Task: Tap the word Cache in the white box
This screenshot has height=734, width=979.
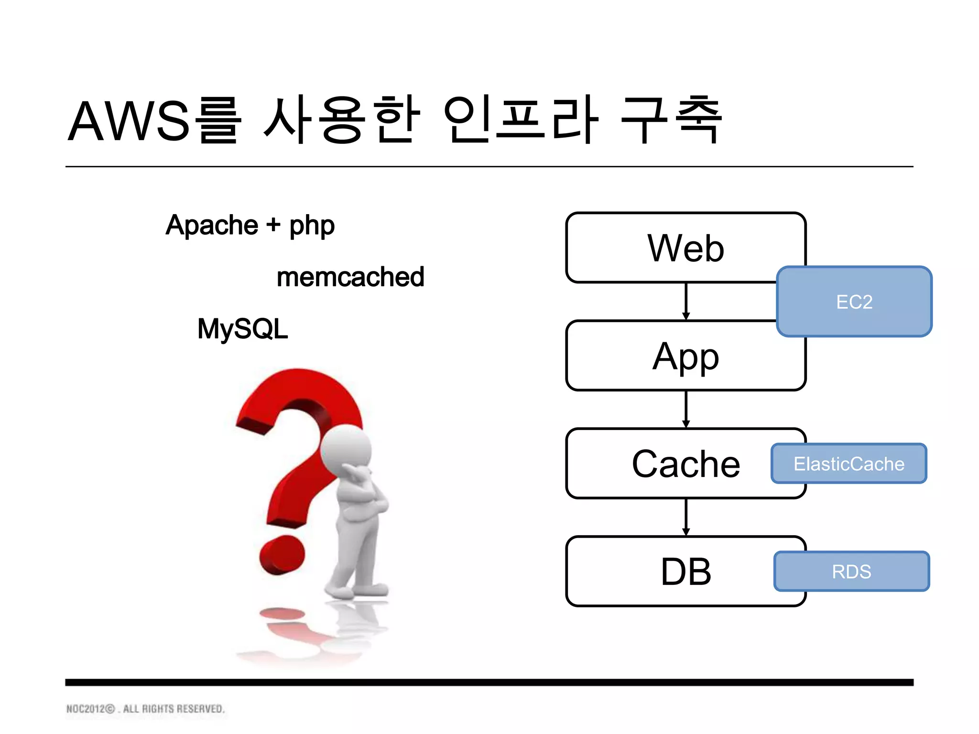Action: (685, 464)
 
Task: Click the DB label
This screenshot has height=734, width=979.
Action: (685, 572)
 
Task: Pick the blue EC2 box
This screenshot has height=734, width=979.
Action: (854, 302)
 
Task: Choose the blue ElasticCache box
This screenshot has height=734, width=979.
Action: (849, 464)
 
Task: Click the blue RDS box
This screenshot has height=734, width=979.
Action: (851, 572)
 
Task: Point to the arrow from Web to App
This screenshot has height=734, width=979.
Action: (686, 301)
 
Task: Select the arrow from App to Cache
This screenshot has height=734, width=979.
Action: (686, 409)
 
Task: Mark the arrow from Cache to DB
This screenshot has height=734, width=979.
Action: (686, 517)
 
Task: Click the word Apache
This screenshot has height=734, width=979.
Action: (212, 225)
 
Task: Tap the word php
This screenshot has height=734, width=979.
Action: (312, 227)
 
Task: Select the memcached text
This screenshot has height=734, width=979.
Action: (350, 277)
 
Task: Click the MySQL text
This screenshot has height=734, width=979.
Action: (243, 329)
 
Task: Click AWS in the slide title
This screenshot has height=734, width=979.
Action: (129, 121)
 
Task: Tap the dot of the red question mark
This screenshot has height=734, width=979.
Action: (282, 555)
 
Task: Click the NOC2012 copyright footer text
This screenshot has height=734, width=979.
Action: (145, 709)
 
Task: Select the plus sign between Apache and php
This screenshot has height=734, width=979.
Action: (273, 225)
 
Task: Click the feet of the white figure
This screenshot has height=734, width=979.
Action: (356, 591)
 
